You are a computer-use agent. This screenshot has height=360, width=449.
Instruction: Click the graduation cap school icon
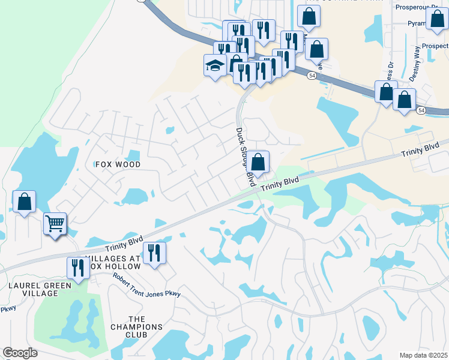(214, 65)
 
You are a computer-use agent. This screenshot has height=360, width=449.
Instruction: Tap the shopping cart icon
(55, 224)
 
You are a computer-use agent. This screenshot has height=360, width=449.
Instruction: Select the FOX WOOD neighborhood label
(118, 164)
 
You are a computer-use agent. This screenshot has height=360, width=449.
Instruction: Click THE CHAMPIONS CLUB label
(136, 327)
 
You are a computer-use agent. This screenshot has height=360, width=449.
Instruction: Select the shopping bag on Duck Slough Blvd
(258, 162)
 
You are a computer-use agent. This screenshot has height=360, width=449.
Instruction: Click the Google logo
(20, 353)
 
